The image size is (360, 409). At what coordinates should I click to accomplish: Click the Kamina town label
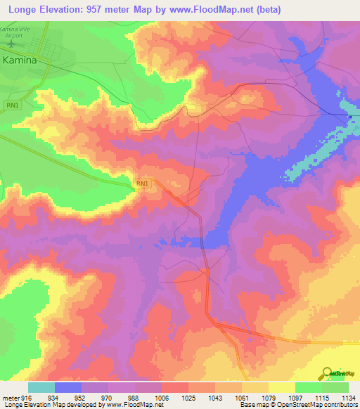tap(25, 60)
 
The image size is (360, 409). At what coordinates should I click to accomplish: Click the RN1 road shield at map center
tap(143, 183)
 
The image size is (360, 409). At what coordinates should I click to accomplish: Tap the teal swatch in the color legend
tap(41, 387)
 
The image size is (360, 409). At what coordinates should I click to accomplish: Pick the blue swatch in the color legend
tap(68, 387)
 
